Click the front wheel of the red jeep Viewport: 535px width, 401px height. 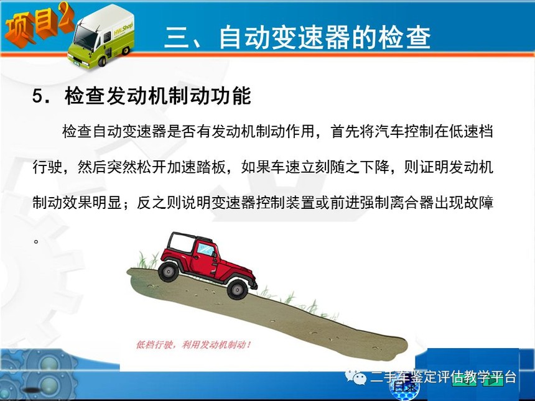[x=237, y=289]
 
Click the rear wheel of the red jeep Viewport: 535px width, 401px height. [x=168, y=272]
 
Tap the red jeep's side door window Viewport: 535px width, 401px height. [x=206, y=250]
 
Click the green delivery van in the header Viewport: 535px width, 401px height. [x=101, y=36]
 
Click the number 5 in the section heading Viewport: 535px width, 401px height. [x=37, y=96]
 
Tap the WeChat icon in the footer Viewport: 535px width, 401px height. [x=355, y=377]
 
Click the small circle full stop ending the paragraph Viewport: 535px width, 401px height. [x=36, y=242]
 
